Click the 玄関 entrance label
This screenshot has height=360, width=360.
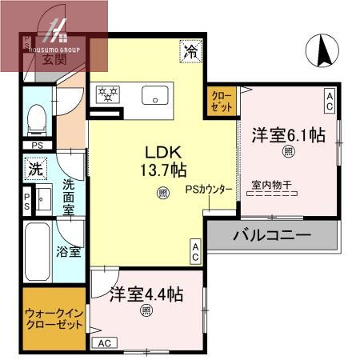pos(54,58)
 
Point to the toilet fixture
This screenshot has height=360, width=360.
pos(36,120)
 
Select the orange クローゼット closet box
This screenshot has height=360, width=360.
pos(221,101)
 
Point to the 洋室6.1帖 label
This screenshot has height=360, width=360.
pos(289,134)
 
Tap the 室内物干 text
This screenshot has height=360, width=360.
pos(271,186)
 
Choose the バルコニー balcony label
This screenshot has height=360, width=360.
pos(271,236)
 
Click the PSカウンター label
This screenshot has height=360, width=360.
pos(209,190)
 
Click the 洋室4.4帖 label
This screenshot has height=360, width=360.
pos(146,294)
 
